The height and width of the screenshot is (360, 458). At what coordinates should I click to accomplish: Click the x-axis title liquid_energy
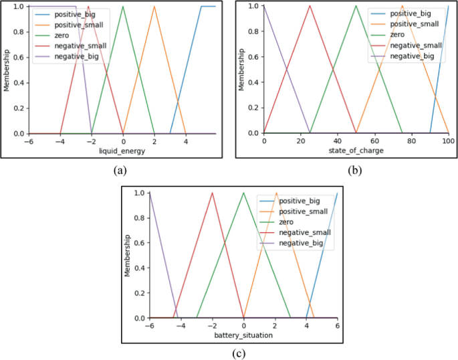(122, 151)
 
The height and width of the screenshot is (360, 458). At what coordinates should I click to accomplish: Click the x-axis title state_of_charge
(356, 151)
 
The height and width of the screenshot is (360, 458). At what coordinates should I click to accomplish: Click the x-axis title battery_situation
(243, 335)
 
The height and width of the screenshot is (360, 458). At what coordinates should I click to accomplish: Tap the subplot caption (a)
(120, 170)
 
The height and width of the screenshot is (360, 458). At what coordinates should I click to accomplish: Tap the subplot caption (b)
(354, 170)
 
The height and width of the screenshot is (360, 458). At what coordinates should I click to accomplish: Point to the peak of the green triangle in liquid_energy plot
(123, 7)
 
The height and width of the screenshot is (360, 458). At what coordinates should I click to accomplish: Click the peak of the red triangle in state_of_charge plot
(310, 6)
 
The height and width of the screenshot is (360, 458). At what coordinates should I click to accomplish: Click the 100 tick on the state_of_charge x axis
(448, 141)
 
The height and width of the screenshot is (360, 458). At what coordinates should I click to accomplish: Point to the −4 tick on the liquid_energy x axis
(60, 141)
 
